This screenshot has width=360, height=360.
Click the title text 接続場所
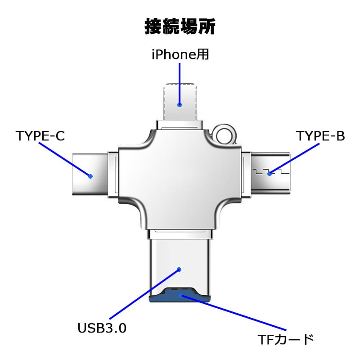[180, 27]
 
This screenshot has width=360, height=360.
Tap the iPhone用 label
[180, 55]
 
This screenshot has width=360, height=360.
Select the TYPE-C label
[40, 135]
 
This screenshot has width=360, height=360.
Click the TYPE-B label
[320, 135]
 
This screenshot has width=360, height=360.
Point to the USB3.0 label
[102, 328]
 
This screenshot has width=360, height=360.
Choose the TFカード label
[286, 339]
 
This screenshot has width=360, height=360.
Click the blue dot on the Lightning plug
[180, 105]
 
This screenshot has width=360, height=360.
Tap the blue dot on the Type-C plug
[90, 176]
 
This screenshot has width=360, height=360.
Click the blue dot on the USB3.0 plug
[179, 270]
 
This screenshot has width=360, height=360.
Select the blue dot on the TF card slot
[181, 296]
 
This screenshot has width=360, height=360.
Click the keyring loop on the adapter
[224, 134]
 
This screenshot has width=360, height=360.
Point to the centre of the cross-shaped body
[180, 173]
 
